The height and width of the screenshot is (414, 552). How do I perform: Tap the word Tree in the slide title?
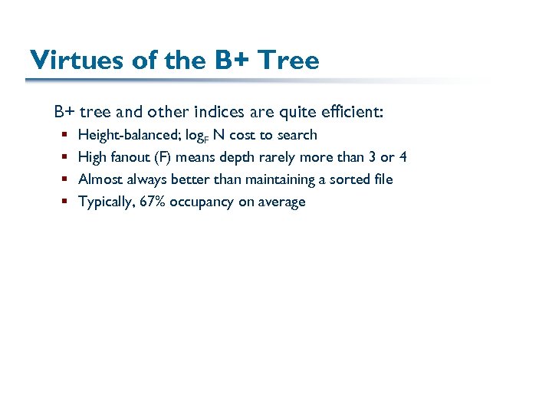click(x=288, y=60)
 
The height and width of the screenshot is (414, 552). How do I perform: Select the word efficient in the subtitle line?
click(x=355, y=112)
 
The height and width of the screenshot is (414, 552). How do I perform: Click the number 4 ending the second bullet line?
click(x=403, y=157)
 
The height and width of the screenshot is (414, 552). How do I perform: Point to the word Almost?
click(x=100, y=179)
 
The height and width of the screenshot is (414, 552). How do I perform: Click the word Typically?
click(x=107, y=202)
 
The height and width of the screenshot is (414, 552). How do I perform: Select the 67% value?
click(x=154, y=202)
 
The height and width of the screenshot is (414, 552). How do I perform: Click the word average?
click(x=281, y=202)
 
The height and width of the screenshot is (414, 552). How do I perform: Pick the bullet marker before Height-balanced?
click(x=64, y=135)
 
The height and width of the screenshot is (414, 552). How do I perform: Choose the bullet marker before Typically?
click(x=64, y=202)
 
